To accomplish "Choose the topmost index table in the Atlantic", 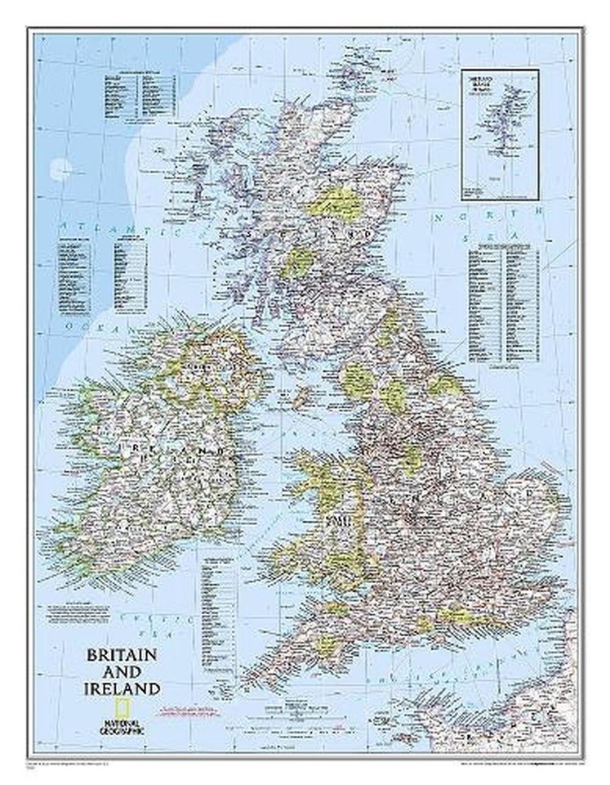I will pyautogui.click(x=141, y=97).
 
